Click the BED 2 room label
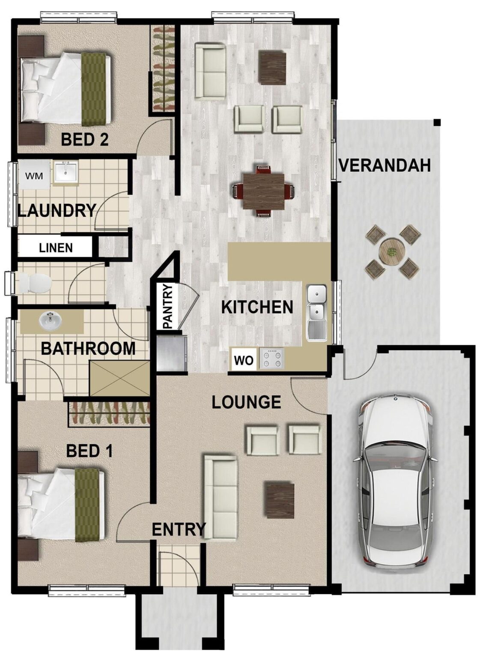[x=84, y=139]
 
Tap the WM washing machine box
[x=34, y=176]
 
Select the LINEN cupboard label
[x=56, y=248]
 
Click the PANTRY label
[x=167, y=307]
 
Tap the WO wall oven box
[x=244, y=360]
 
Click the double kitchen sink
[x=316, y=313]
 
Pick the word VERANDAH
[x=384, y=165]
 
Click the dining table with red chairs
[x=263, y=191]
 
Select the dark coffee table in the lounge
[x=279, y=500]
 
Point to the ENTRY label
[x=179, y=529]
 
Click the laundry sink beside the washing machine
[x=66, y=173]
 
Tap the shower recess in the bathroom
[x=120, y=378]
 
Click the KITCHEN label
[x=257, y=307]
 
